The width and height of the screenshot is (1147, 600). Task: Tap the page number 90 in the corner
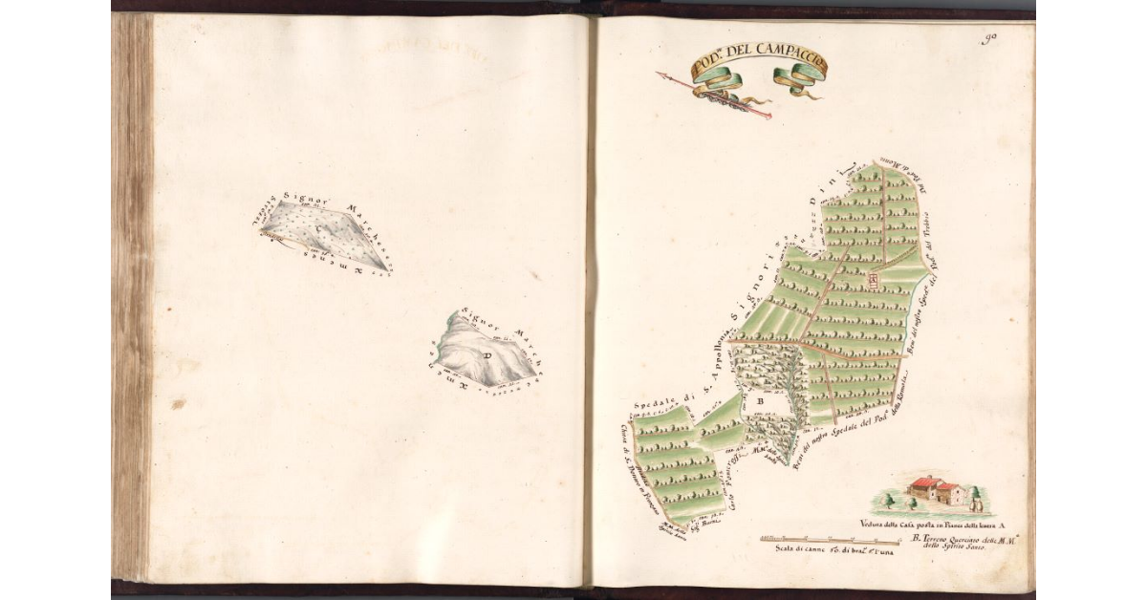click(x=988, y=39)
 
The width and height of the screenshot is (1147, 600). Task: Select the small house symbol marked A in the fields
click(x=874, y=279)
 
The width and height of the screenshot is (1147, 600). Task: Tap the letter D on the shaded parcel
click(x=487, y=355)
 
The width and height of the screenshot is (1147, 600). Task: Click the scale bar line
click(x=830, y=540)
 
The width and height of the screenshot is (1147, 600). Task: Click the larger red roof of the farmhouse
click(x=924, y=482)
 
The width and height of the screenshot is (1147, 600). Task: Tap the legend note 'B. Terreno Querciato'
click(x=961, y=541)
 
